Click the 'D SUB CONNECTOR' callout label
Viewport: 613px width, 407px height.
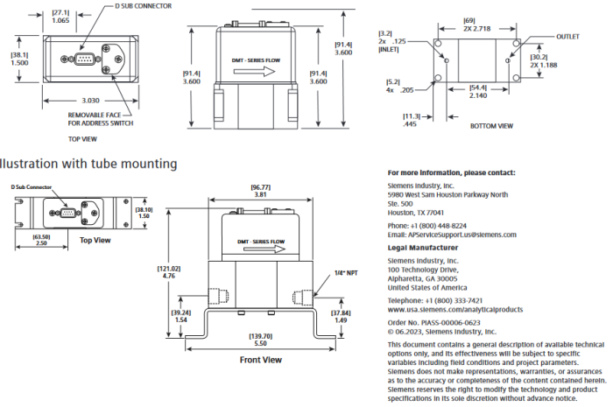pyautogui.click(x=143, y=6)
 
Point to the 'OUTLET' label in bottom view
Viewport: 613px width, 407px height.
pyautogui.click(x=568, y=38)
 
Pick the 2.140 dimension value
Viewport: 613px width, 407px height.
pyautogui.click(x=478, y=95)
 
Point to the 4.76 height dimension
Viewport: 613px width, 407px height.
pyautogui.click(x=169, y=276)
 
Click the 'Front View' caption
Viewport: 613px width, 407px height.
pyautogui.click(x=260, y=360)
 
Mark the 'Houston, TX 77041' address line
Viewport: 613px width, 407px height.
pyautogui.click(x=415, y=213)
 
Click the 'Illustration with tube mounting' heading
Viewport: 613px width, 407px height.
pyautogui.click(x=88, y=163)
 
